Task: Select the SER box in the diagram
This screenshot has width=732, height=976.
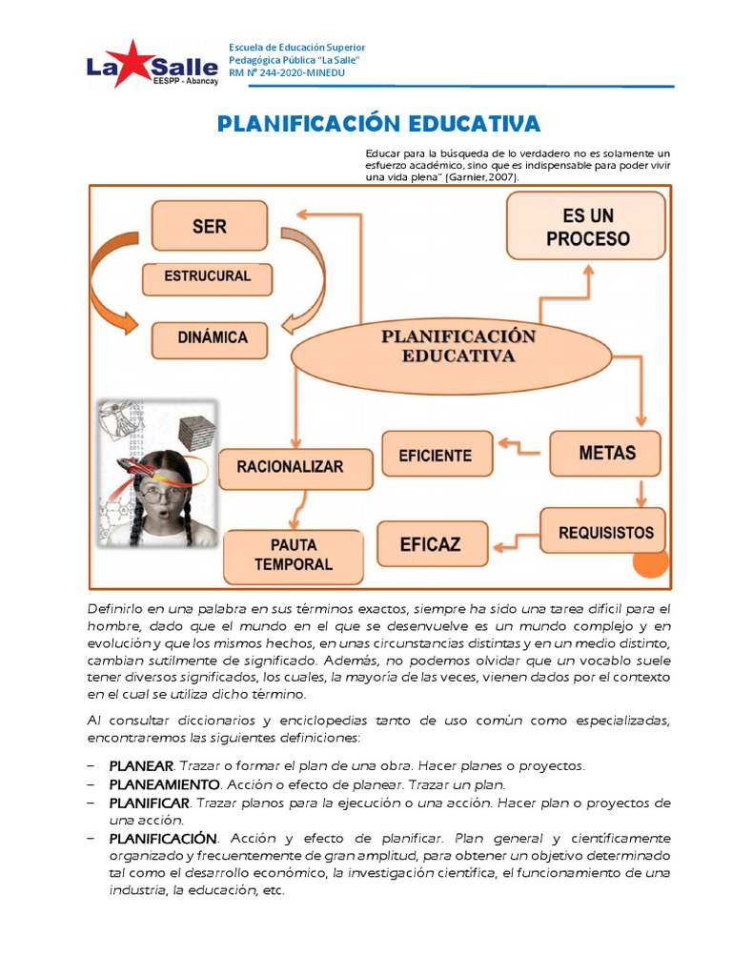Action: point(209,227)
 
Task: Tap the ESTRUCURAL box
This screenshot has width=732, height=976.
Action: point(208,277)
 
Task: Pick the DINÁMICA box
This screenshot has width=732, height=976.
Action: point(212,337)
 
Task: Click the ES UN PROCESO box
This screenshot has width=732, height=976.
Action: point(586,226)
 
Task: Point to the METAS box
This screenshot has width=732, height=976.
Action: point(606,453)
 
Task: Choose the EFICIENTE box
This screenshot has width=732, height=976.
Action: point(437,455)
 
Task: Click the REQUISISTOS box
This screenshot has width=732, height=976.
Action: point(605,531)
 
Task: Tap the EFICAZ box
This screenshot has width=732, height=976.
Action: point(431,544)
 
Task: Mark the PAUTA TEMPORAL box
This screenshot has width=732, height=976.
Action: point(293,556)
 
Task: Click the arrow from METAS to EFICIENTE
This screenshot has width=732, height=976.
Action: point(521,444)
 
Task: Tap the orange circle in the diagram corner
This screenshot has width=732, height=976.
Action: point(652,564)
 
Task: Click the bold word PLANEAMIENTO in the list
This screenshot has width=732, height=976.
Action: point(164,784)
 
